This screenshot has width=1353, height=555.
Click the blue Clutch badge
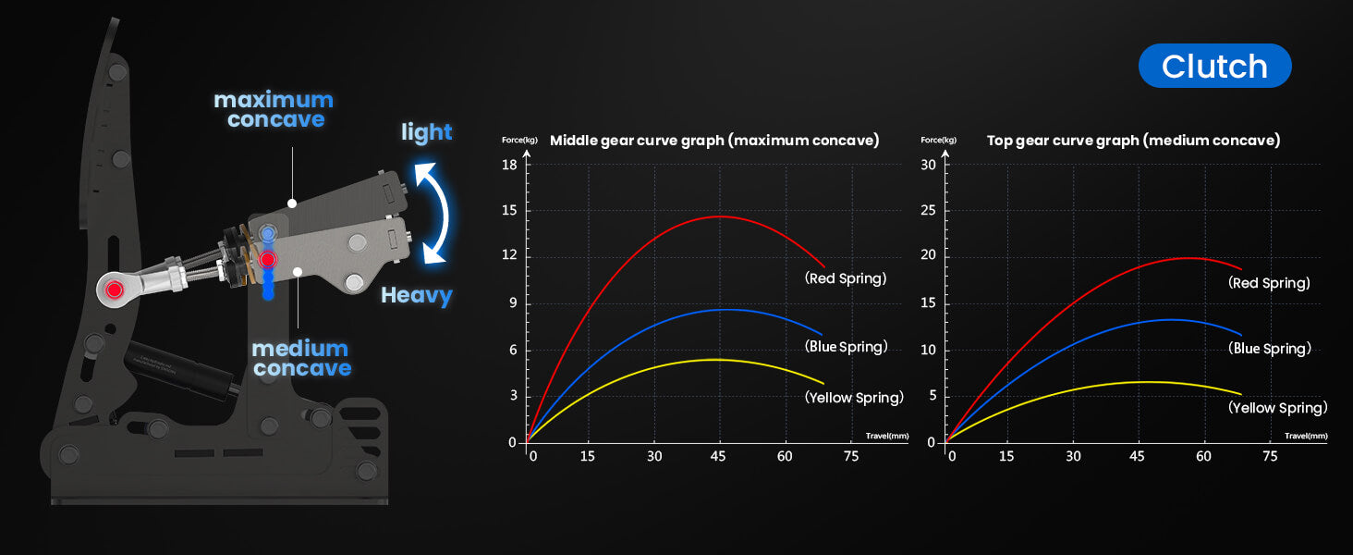(x=1214, y=66)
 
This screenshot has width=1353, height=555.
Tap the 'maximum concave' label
(x=274, y=109)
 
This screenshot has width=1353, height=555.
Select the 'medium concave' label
(x=301, y=358)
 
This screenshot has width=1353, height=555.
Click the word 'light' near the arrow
(x=426, y=131)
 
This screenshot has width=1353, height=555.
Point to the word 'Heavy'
(x=417, y=296)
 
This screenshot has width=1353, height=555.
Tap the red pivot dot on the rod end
(x=114, y=290)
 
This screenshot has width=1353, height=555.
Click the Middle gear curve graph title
(x=714, y=141)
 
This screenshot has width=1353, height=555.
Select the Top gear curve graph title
(x=1134, y=141)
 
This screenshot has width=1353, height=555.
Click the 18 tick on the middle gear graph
(x=510, y=165)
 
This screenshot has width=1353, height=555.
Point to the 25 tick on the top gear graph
(x=929, y=210)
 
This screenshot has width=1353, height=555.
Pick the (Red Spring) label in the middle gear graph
(x=846, y=278)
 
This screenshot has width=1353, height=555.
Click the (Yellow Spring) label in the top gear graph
(x=1278, y=408)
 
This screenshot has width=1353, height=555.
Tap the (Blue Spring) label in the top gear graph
(x=1270, y=349)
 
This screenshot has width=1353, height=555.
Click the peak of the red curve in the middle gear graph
(x=719, y=216)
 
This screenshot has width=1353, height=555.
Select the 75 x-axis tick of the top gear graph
(x=1270, y=456)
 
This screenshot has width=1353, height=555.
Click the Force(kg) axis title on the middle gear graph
(x=519, y=141)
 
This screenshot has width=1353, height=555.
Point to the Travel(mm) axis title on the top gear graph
(x=1306, y=436)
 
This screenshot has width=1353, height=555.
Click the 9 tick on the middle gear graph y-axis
(x=514, y=302)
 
